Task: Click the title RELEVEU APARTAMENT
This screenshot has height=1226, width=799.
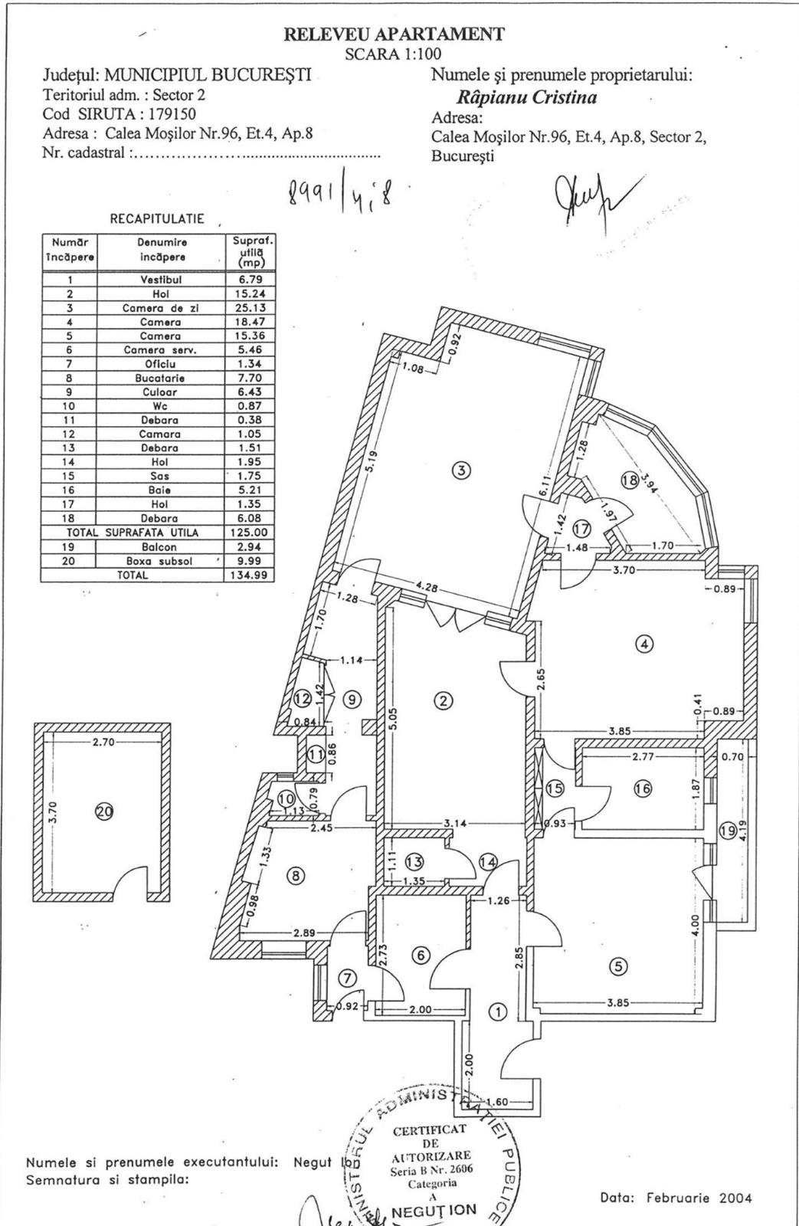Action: pos(394,34)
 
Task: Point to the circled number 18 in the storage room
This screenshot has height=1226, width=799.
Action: pos(630,480)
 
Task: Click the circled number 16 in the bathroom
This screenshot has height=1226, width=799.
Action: pos(643,788)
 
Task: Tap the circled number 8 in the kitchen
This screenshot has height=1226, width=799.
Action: pos(293,876)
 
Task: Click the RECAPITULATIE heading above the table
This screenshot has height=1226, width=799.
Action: pos(157,219)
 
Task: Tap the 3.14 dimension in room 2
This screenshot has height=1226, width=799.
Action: pos(456,824)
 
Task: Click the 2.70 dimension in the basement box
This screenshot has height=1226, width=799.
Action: pos(103,742)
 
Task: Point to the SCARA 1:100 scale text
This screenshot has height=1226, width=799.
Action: pos(393,54)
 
